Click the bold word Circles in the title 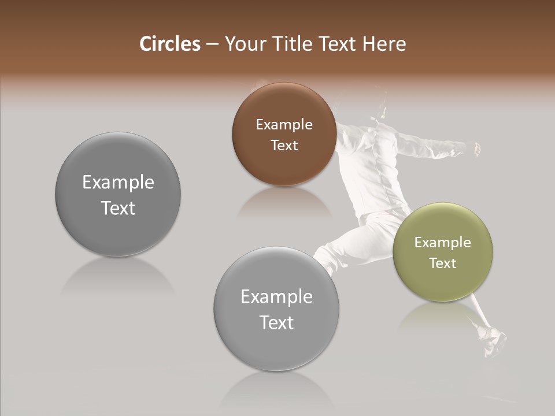coord(169,44)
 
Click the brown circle coord(284,168)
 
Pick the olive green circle coord(443,283)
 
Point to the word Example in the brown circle coord(284,125)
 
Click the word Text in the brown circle coord(284,146)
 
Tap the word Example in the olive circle coord(443,243)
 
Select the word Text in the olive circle coord(443,263)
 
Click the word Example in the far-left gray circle coord(118,183)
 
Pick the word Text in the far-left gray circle coord(118,209)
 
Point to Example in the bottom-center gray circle coord(276,297)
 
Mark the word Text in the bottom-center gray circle coord(276,323)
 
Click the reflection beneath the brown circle coord(284,202)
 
